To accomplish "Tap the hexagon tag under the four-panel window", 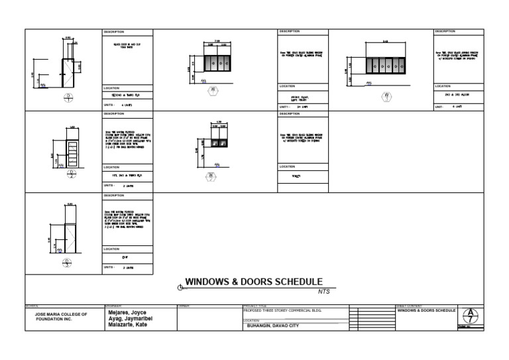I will coord(213,91).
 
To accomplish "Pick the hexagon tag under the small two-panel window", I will coord(211,176).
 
